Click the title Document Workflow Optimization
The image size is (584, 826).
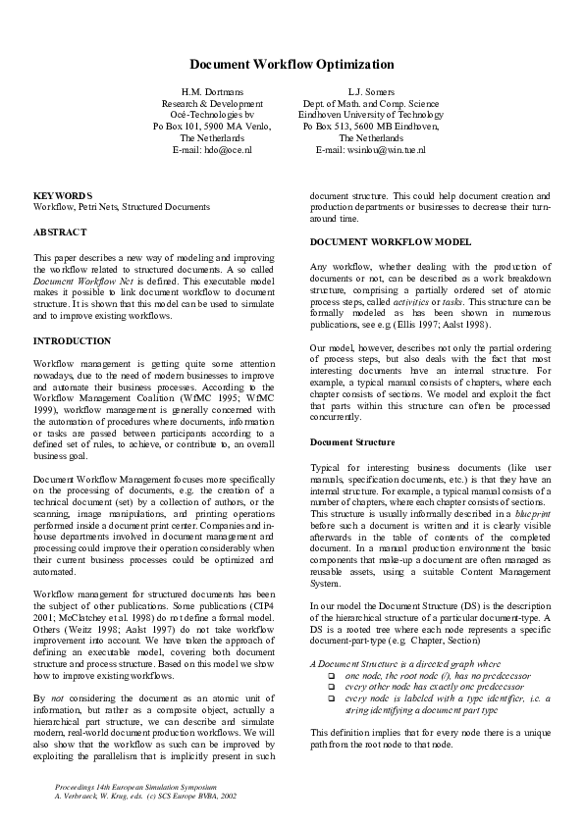[x=292, y=65]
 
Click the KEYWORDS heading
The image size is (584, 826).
[x=63, y=196]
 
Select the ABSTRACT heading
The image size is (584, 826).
[x=60, y=232]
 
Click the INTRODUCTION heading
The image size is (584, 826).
[x=73, y=340]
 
